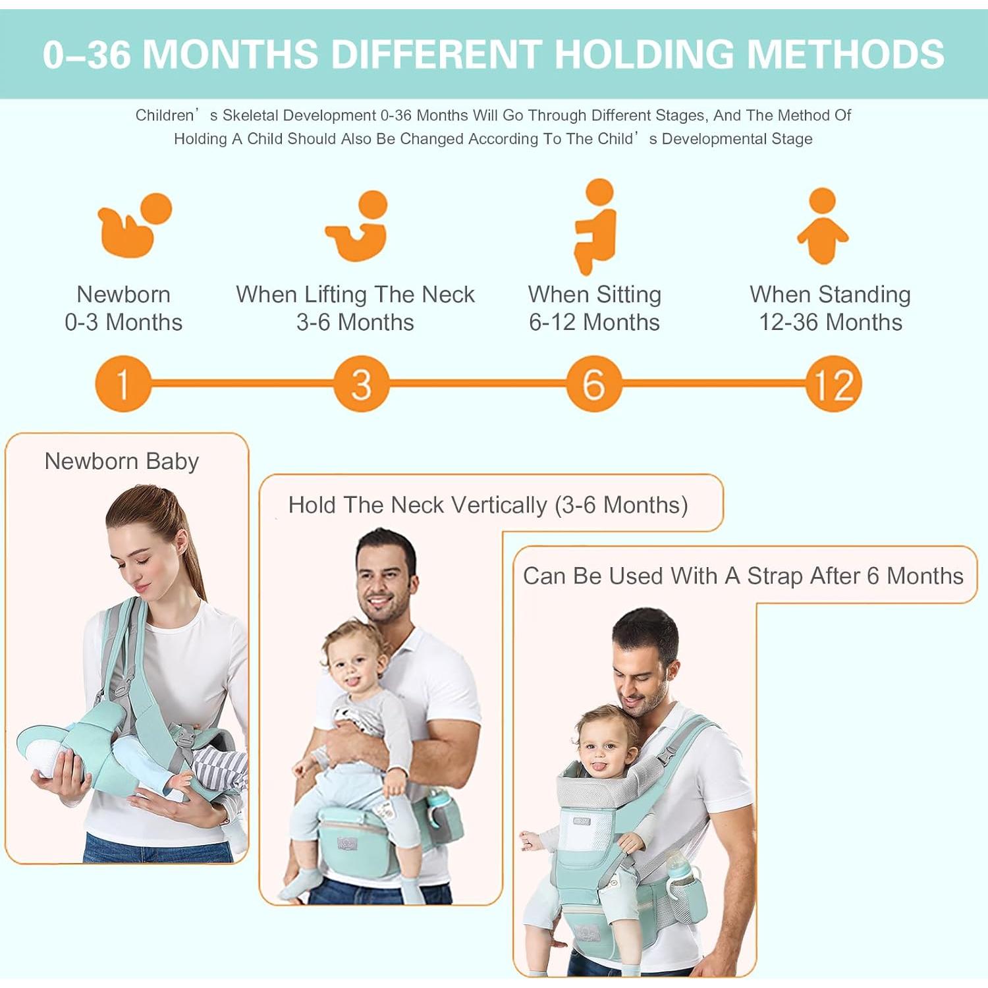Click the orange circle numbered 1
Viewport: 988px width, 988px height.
click(123, 383)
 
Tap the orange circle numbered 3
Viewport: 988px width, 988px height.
click(361, 383)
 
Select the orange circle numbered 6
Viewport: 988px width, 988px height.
click(593, 383)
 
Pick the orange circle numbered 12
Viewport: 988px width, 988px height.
click(833, 383)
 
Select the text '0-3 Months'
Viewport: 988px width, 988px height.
click(123, 322)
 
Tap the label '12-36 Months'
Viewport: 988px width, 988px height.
click(831, 322)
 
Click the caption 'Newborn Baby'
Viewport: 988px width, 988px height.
click(122, 461)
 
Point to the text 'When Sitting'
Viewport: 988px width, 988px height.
click(594, 294)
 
